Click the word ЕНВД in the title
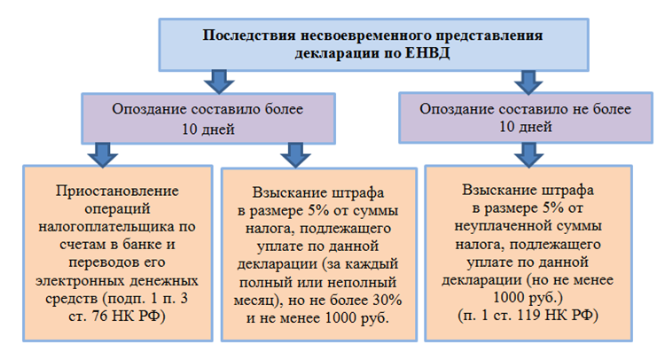(x=427, y=53)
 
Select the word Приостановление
(x=117, y=192)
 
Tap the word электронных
(x=80, y=281)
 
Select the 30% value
(x=387, y=301)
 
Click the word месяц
(x=256, y=301)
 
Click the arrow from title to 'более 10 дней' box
(x=219, y=82)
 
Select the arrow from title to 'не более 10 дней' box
(x=528, y=82)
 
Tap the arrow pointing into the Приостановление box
(x=103, y=155)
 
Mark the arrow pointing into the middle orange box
(x=295, y=155)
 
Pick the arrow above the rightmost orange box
(x=528, y=155)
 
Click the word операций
(x=117, y=209)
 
